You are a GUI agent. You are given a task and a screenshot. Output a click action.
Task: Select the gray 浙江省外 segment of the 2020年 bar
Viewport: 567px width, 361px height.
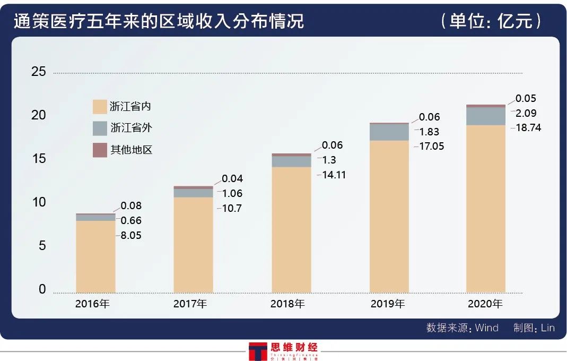[x=485, y=116]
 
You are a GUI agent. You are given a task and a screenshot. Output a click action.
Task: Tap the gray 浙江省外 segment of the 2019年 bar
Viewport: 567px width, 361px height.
[x=389, y=132]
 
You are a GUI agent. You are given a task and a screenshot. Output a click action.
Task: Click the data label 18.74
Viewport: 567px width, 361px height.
[x=528, y=128]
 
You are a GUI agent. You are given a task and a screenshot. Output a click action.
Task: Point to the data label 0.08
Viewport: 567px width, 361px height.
[x=131, y=206]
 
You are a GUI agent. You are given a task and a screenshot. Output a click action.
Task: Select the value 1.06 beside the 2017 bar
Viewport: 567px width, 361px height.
[x=232, y=193]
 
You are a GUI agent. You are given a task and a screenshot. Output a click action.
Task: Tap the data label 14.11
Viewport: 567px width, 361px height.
[x=332, y=175]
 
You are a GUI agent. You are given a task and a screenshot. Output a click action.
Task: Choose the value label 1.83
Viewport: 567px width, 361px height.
[x=429, y=132]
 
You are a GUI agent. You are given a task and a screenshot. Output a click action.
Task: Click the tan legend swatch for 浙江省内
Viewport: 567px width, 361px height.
[x=100, y=106]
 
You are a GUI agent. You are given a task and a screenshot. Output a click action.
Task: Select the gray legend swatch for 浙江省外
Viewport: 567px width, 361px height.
[x=100, y=128]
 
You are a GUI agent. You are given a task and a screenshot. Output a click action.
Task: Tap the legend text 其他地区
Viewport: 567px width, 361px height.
[x=132, y=150]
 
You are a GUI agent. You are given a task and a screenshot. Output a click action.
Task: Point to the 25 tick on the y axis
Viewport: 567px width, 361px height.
[x=39, y=72]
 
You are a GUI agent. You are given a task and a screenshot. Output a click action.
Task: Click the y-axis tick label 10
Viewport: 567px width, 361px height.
[x=39, y=203]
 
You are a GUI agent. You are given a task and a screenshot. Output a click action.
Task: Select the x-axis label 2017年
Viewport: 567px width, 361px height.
[x=190, y=304]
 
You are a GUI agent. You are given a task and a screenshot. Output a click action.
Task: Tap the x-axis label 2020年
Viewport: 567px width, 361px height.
[x=485, y=304]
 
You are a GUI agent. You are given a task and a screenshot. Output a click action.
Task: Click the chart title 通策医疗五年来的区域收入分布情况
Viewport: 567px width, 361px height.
[x=159, y=22]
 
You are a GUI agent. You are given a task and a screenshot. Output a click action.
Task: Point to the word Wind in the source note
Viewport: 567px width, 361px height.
[x=486, y=328]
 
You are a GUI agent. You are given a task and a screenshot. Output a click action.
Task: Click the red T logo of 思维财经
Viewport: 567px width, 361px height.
[x=258, y=351]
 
